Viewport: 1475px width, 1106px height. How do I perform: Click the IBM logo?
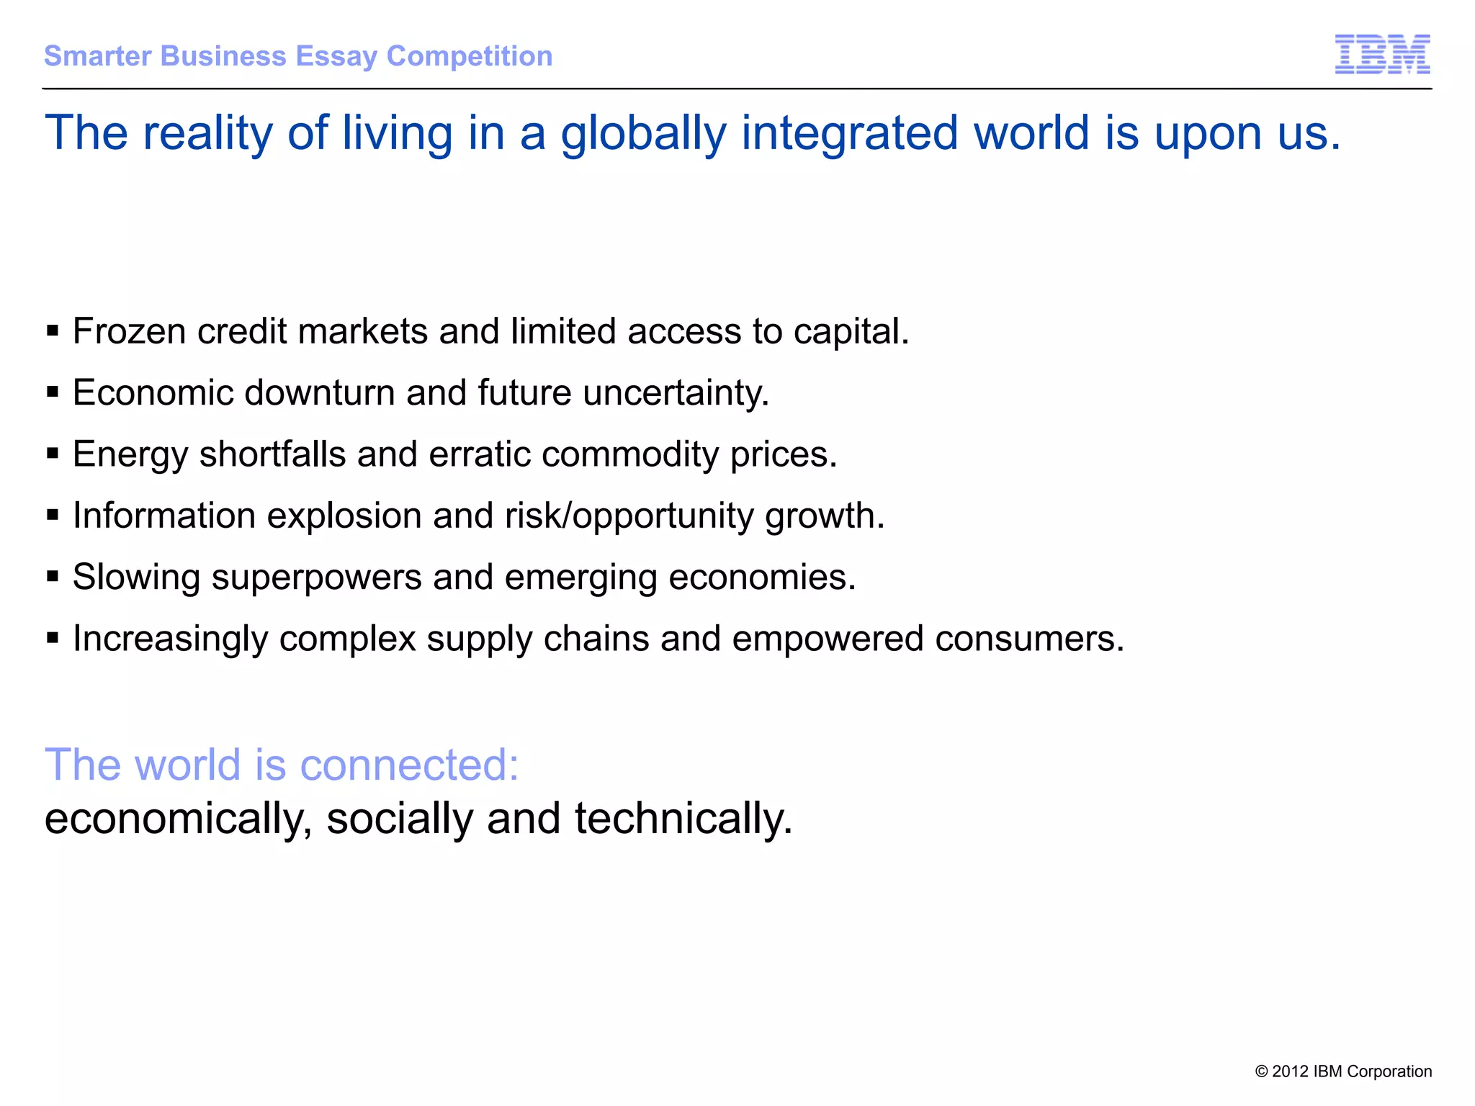click(1382, 54)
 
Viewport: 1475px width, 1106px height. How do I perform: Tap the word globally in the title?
click(643, 135)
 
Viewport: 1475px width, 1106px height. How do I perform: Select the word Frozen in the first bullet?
click(130, 332)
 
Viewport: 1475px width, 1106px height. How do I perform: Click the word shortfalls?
click(273, 455)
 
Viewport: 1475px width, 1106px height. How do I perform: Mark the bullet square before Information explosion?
click(53, 515)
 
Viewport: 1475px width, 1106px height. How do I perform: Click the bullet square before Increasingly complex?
click(53, 638)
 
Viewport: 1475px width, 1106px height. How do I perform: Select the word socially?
click(400, 819)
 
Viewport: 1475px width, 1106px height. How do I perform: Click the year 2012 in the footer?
click(1290, 1071)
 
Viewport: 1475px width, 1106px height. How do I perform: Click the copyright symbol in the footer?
click(1261, 1071)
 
